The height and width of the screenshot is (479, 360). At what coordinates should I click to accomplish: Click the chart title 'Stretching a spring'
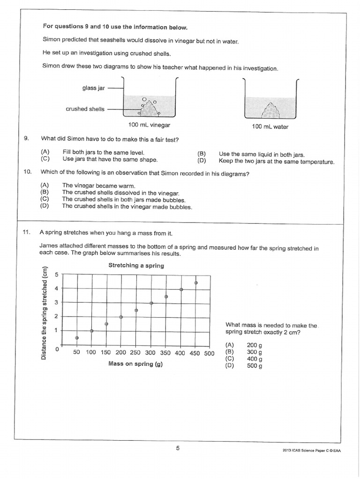(136, 265)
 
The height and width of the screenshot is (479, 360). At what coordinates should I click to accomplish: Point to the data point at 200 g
(121, 317)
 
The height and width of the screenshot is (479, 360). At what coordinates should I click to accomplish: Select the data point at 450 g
(196, 283)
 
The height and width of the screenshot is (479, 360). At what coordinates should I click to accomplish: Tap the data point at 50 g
(77, 338)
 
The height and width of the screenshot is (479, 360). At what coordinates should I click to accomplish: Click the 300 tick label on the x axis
(150, 353)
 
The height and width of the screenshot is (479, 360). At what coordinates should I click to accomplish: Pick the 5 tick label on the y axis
(56, 275)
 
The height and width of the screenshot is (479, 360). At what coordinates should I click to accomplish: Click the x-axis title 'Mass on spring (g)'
(135, 363)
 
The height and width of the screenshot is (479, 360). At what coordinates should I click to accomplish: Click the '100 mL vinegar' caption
(149, 125)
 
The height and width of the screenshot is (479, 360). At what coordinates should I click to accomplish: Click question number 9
(27, 138)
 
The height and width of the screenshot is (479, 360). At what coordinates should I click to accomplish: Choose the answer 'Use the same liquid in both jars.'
(261, 154)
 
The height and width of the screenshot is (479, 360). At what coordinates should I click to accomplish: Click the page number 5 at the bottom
(178, 449)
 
